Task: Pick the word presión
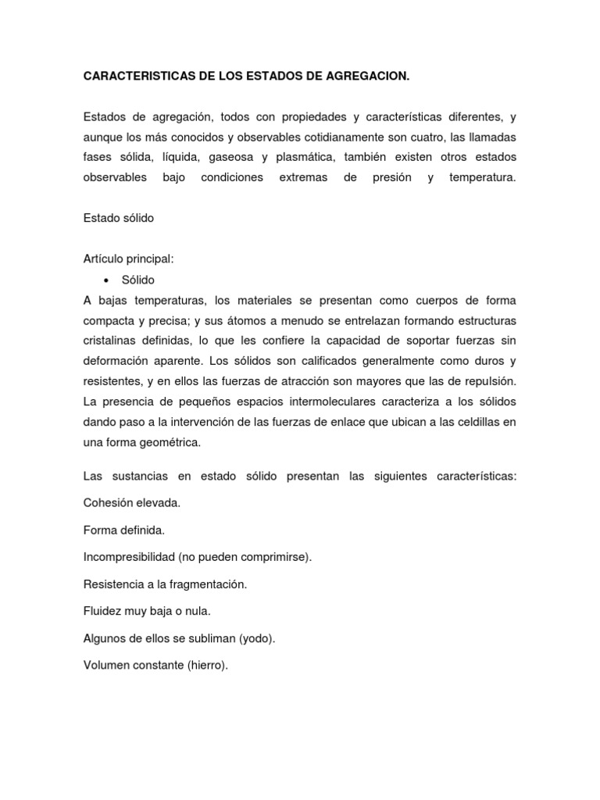pyautogui.click(x=391, y=177)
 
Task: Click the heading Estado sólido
pyautogui.click(x=119, y=218)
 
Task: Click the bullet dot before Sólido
pyautogui.click(x=105, y=280)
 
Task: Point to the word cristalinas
pyautogui.click(x=111, y=341)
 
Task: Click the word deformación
pyautogui.click(x=119, y=361)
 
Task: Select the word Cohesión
pyautogui.click(x=109, y=502)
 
